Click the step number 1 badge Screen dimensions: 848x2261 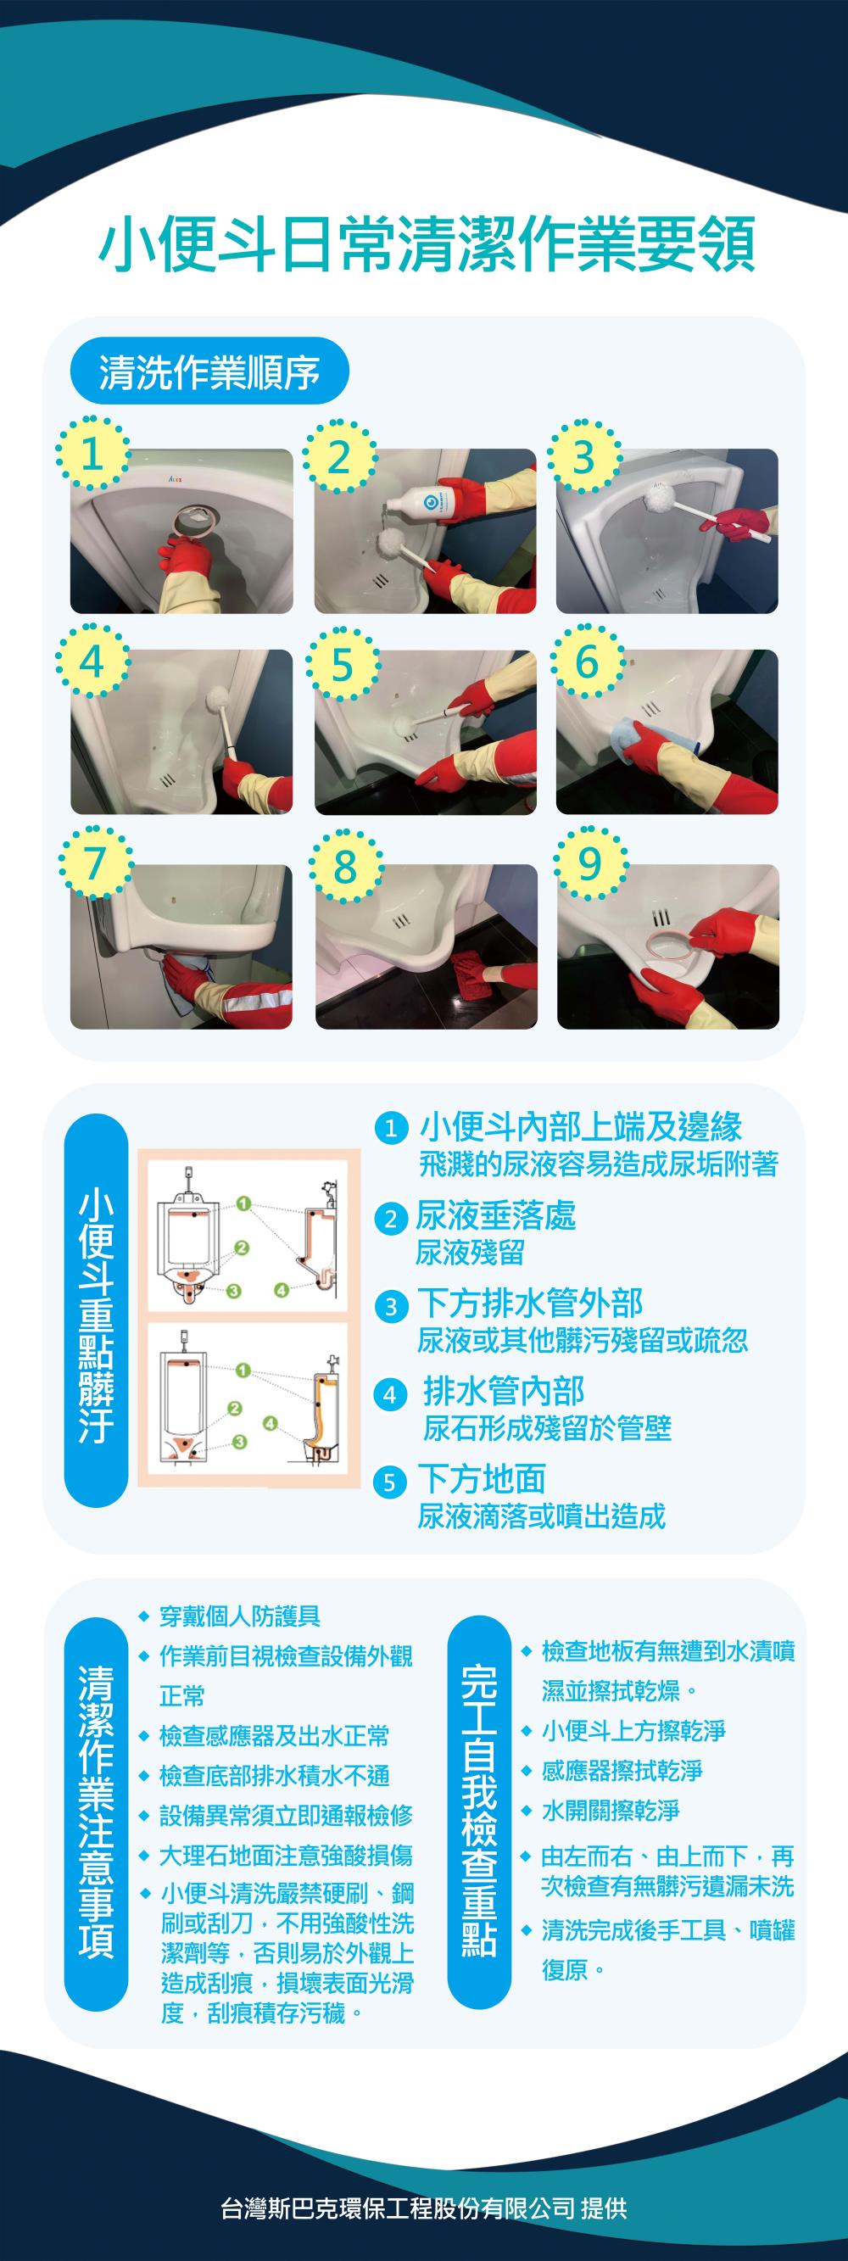coord(93,455)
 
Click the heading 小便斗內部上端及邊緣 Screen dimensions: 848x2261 coord(580,1127)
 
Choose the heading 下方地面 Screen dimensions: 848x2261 coord(481,1479)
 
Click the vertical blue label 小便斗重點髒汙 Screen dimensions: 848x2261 coord(97,1311)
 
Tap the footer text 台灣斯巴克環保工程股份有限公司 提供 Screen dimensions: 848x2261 coord(424,2208)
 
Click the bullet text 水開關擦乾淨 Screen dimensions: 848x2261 coord(610,1811)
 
